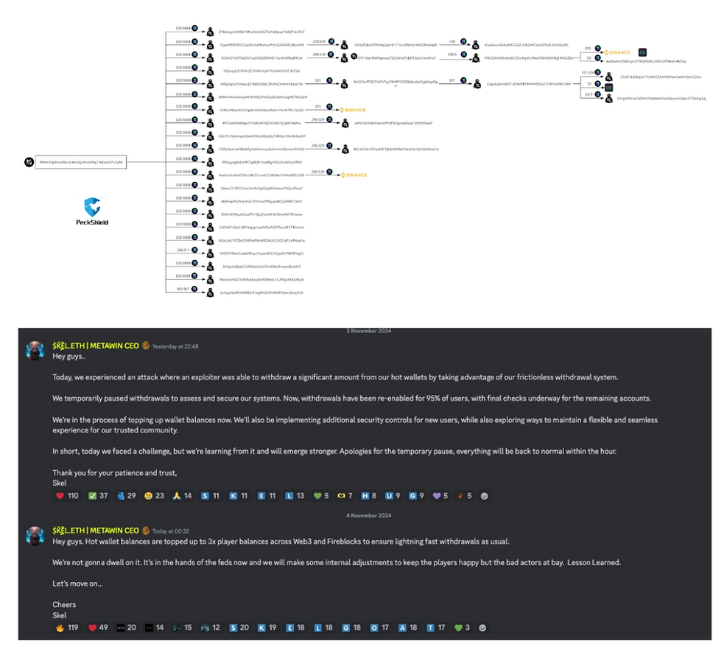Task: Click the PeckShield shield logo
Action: (x=92, y=206)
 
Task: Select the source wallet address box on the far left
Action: (x=81, y=162)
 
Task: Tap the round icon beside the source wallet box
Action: (x=29, y=162)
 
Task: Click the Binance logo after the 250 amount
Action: (x=618, y=53)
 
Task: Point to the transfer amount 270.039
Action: (x=319, y=42)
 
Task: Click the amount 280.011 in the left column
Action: (x=183, y=250)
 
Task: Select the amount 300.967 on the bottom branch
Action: (x=183, y=290)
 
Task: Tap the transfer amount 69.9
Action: (x=589, y=95)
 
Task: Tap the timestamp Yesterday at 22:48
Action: (x=176, y=346)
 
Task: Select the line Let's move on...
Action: (x=77, y=584)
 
